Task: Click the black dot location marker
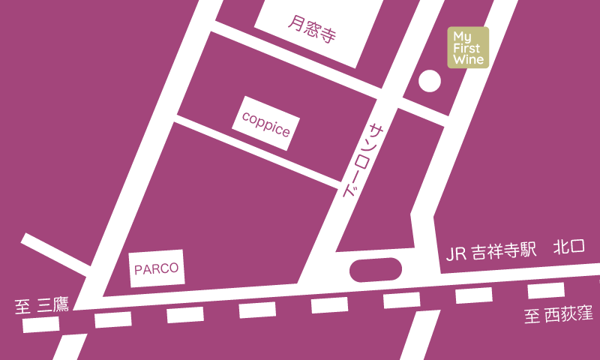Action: (429, 81)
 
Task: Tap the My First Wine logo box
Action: (469, 47)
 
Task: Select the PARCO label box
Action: (157, 268)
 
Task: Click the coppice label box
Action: (265, 123)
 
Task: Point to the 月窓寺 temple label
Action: (311, 29)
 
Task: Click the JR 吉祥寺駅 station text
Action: (491, 252)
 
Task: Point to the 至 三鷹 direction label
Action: (42, 305)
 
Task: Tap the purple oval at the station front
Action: (376, 269)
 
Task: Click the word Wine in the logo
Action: (469, 58)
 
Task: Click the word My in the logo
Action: (462, 36)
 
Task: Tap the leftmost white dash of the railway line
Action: (41, 325)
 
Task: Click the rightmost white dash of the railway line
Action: (546, 291)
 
